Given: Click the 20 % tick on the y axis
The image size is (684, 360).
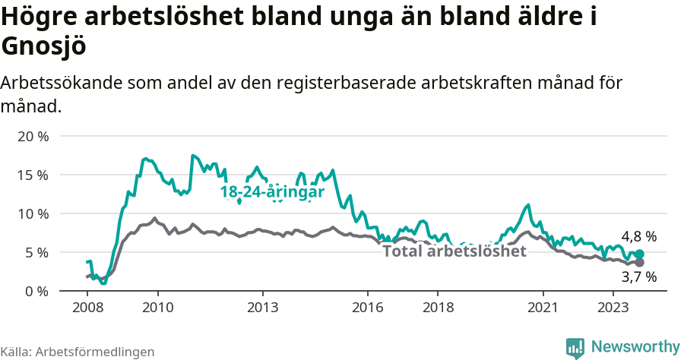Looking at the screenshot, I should [x=33, y=137].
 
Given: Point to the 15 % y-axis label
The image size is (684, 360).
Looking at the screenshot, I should [x=33, y=175].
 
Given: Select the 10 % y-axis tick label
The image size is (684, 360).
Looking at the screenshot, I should [x=33, y=213].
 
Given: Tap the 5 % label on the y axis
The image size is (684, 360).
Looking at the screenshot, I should [x=36, y=252].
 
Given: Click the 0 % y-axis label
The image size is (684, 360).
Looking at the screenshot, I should [x=36, y=291].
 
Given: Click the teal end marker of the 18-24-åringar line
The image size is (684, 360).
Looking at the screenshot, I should [x=639, y=254].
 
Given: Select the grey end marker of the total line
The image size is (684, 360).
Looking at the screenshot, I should [x=639, y=262].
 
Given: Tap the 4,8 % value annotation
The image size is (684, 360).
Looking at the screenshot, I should [x=638, y=237].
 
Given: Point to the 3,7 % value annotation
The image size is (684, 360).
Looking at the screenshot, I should [x=638, y=278].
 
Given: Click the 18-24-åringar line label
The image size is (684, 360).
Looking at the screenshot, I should [x=272, y=192].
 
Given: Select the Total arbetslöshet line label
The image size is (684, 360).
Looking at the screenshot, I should [x=454, y=251].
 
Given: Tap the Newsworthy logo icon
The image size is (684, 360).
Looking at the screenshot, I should [x=575, y=347].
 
